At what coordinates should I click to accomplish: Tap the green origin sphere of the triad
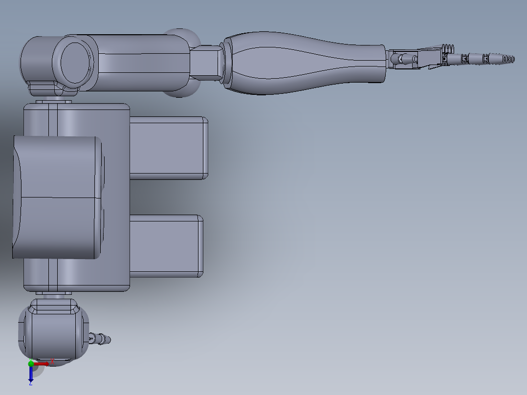point(31,364)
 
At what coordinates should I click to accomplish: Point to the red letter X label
point(52,361)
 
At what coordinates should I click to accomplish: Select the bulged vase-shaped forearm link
point(303,63)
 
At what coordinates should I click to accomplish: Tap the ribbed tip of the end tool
point(508,59)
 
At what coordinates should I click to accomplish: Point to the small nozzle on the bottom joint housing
point(102,338)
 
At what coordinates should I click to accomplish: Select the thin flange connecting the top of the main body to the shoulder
point(54,101)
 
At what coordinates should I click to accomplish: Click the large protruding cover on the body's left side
point(56,197)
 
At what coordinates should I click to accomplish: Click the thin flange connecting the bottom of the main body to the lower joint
point(54,295)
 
